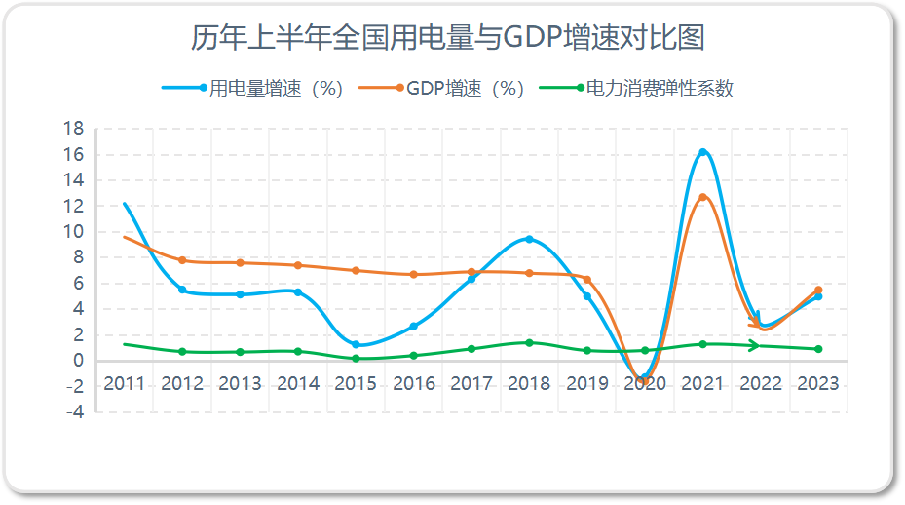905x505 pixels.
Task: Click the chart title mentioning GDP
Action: pyautogui.click(x=447, y=38)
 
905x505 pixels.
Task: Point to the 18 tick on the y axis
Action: pyautogui.click(x=74, y=129)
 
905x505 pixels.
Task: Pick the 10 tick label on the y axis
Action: pyautogui.click(x=74, y=232)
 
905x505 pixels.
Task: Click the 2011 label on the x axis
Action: pyautogui.click(x=124, y=383)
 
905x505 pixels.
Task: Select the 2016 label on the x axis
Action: pyautogui.click(x=413, y=383)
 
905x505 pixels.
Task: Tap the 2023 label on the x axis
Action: pyautogui.click(x=818, y=383)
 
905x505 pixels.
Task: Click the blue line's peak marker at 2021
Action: pyautogui.click(x=702, y=152)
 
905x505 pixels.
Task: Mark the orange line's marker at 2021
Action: pyautogui.click(x=702, y=197)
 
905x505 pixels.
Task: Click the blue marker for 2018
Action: pyautogui.click(x=529, y=239)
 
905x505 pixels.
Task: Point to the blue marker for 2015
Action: pyautogui.click(x=356, y=344)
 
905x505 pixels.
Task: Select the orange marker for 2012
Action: pyautogui.click(x=182, y=260)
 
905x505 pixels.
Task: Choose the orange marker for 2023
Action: pyautogui.click(x=818, y=290)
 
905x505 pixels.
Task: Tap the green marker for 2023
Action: pyautogui.click(x=818, y=349)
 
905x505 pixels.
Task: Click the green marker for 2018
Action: pyautogui.click(x=529, y=342)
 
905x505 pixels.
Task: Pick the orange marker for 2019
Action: pyautogui.click(x=586, y=280)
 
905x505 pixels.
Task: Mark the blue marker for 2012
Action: pyautogui.click(x=182, y=290)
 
